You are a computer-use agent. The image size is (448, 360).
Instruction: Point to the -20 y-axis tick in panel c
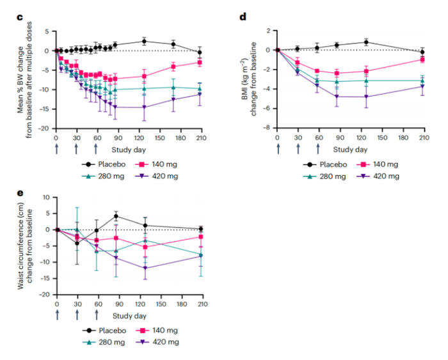click(45, 129)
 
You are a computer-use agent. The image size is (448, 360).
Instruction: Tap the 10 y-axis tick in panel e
click(46, 197)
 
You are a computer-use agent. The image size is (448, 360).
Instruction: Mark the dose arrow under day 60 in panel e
click(97, 314)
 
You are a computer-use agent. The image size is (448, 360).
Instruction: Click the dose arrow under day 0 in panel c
click(56, 148)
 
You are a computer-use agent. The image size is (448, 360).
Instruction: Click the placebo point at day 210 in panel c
click(200, 52)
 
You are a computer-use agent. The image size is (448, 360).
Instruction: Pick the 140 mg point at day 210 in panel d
click(422, 59)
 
